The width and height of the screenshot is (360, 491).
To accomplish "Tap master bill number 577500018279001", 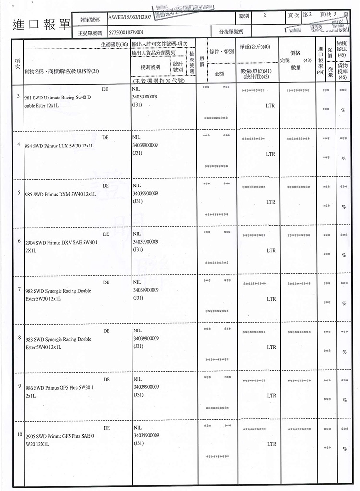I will coord(126,32).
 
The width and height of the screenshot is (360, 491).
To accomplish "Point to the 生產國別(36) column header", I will coord(114,44).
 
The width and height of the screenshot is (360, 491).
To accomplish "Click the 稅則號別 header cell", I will coord(150,66).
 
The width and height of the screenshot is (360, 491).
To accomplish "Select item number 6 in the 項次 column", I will coord(18,240).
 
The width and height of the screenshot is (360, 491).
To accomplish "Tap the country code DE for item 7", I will coord(106,282).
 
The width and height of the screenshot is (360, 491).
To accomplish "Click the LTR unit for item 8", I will coord(271,347).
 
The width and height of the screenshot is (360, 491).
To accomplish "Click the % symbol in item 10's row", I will coord(343,449).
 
